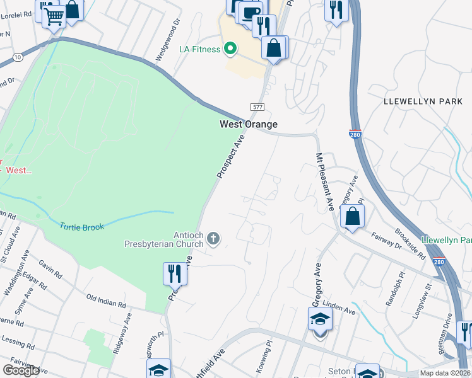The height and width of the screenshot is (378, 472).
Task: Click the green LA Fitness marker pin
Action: (231, 49)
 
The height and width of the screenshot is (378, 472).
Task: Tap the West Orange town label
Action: (249, 125)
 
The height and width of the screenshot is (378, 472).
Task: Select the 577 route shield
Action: (257, 107)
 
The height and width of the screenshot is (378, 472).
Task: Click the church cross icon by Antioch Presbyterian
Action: (214, 238)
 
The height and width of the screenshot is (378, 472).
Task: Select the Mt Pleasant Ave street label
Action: (323, 182)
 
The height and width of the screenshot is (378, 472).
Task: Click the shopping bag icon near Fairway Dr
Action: (353, 216)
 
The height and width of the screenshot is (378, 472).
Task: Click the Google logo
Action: (21, 370)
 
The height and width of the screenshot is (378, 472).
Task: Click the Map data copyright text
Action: (445, 373)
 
